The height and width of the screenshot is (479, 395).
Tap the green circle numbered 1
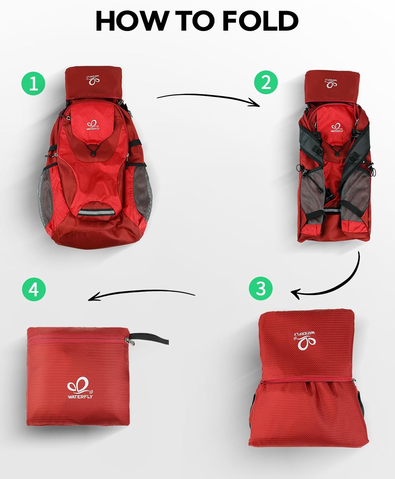34,83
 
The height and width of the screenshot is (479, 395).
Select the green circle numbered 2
266,82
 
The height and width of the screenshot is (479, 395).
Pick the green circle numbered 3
261,288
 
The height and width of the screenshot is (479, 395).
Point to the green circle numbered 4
34,290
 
